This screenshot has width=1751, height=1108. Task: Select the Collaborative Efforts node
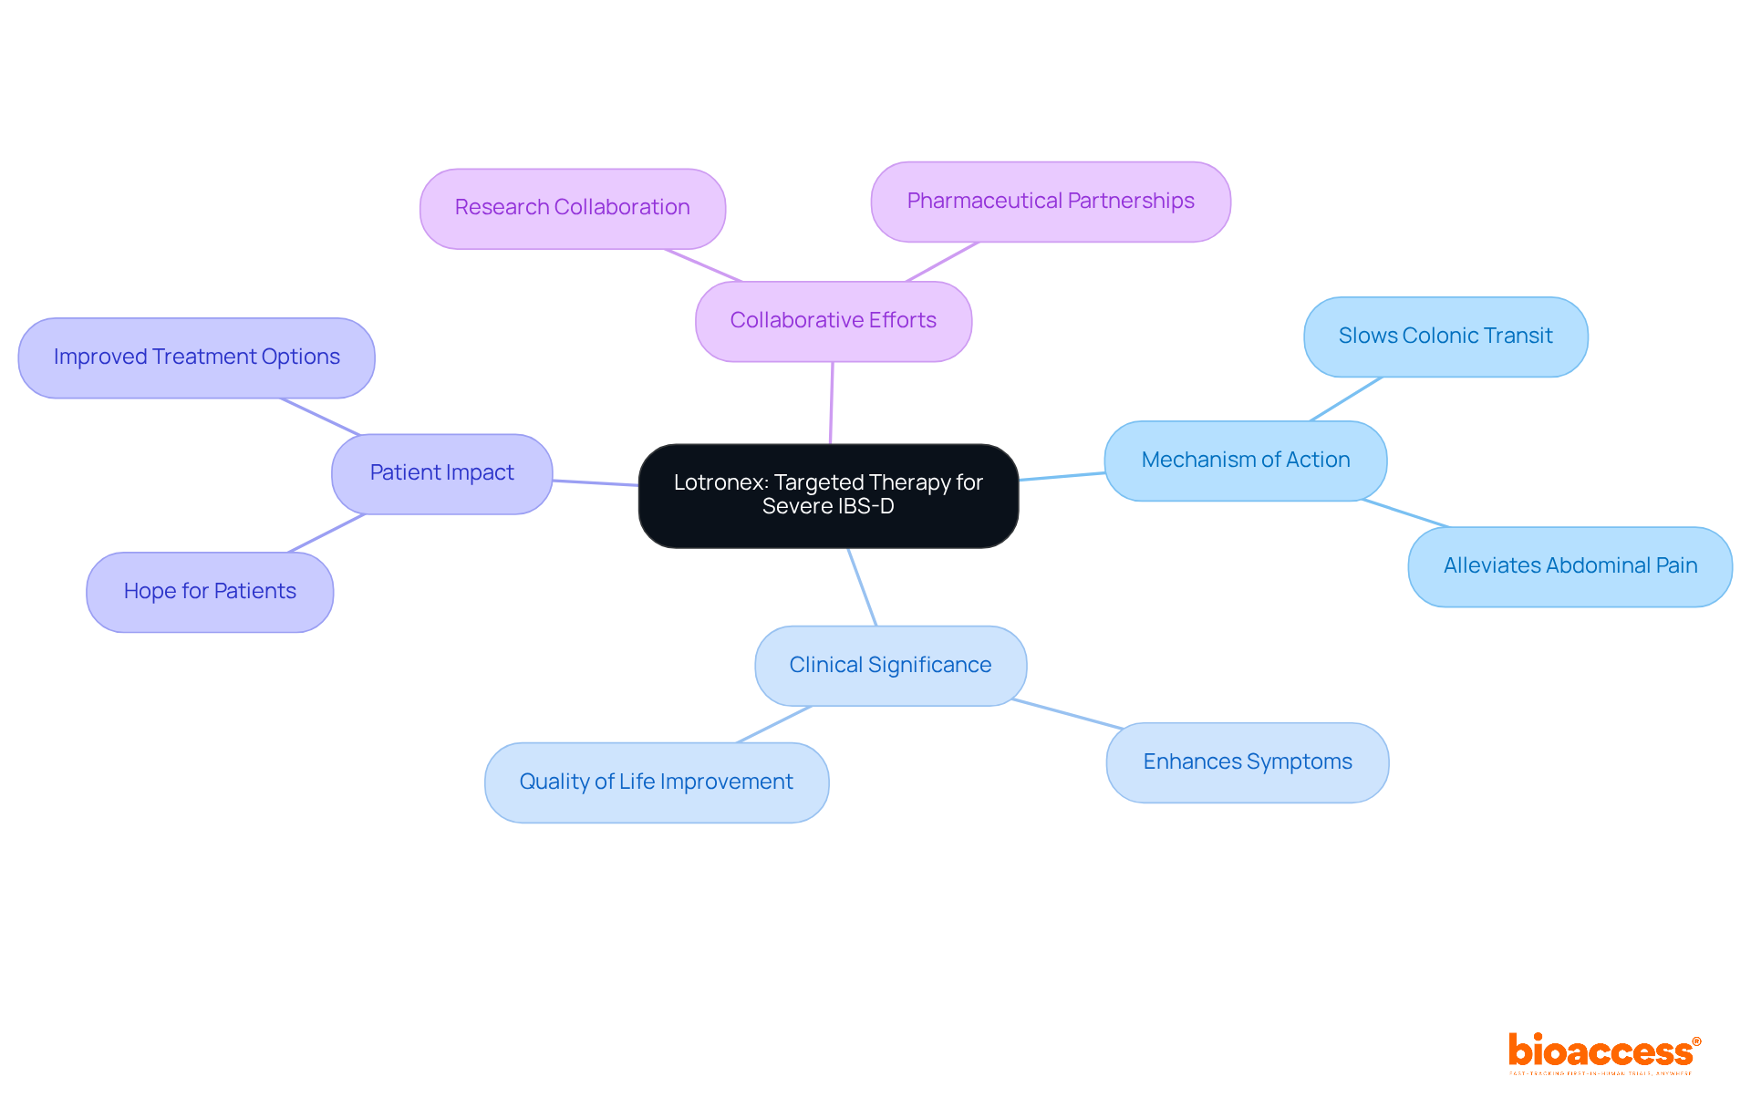[x=833, y=321]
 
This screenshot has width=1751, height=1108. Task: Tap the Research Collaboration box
[x=572, y=208]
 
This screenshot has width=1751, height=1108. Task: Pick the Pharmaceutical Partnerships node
[x=1050, y=202]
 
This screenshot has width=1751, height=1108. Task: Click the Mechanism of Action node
[x=1245, y=461]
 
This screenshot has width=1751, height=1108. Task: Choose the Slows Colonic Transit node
[x=1445, y=337]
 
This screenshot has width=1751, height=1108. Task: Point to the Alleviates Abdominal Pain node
[x=1570, y=566]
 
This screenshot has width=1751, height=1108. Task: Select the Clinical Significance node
[x=890, y=666]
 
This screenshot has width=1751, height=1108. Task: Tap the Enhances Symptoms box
[x=1247, y=762]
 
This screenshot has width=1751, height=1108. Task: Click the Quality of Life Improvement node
[x=656, y=782]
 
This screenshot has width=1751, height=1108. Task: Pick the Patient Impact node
[x=441, y=473]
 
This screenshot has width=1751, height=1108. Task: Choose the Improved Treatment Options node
[x=196, y=357]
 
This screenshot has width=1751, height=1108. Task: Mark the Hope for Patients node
[x=210, y=592]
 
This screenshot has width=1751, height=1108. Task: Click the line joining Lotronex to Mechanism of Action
[x=1062, y=476]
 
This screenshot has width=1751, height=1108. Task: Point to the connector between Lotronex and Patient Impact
[x=596, y=482]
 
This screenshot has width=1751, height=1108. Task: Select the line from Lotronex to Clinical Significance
[x=862, y=586]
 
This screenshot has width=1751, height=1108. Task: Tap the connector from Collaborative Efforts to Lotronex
[x=831, y=402]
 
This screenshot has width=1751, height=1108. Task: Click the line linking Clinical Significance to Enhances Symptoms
[x=1067, y=714]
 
